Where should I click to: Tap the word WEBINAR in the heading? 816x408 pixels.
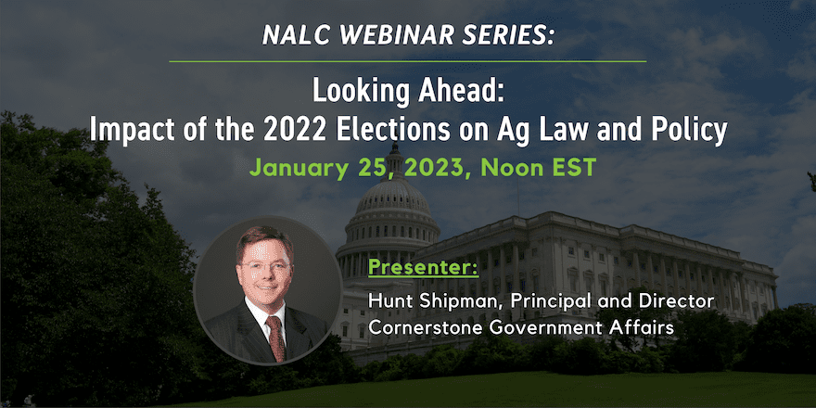tap(385, 34)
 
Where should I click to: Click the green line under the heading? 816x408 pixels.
tap(407, 61)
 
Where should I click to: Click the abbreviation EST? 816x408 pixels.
tap(570, 168)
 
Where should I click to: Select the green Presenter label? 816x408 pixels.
tap(423, 269)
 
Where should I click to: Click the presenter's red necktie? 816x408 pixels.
tap(275, 337)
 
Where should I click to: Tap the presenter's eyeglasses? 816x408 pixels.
tap(266, 267)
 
